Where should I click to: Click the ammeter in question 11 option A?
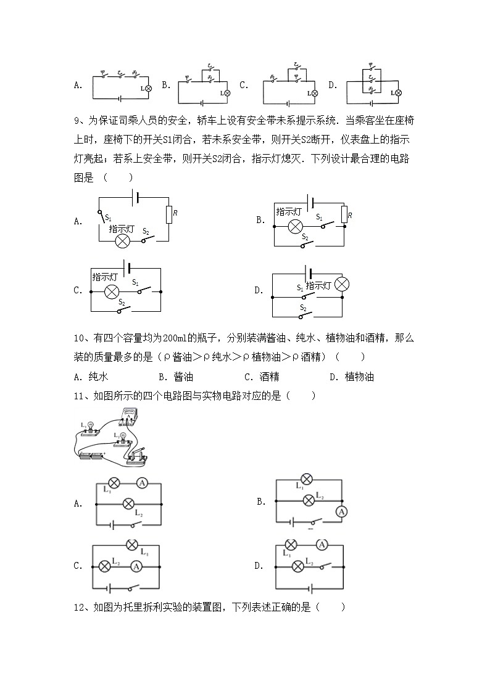pos(142,484)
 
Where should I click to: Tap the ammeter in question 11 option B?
pos(340,511)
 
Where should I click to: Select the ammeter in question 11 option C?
pos(138,566)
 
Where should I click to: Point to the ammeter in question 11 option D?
pos(321,544)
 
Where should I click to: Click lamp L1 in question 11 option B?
pos(307,479)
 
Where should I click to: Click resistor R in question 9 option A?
pos(168,214)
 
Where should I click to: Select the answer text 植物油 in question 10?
pos(359,377)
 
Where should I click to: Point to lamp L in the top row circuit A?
pos(149,89)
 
